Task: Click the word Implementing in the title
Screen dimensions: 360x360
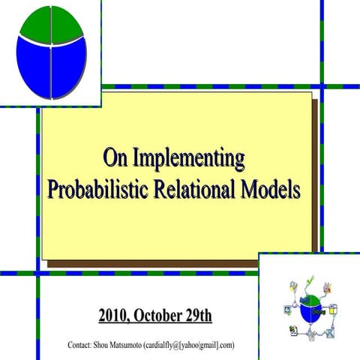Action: (188, 159)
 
